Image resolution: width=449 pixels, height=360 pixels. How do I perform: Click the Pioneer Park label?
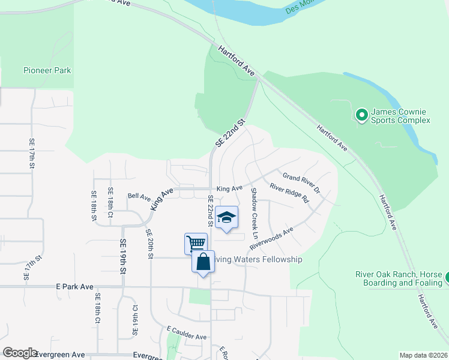pyautogui.click(x=47, y=70)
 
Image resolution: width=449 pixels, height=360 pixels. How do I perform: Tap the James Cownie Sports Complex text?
pyautogui.click(x=400, y=116)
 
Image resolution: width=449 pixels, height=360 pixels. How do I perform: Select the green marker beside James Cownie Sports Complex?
pyautogui.click(x=361, y=114)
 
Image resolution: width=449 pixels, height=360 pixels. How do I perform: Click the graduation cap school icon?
pyautogui.click(x=226, y=217)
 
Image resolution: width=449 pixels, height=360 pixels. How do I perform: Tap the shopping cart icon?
pyautogui.click(x=196, y=244)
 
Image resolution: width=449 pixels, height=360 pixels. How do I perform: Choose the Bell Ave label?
pyautogui.click(x=139, y=196)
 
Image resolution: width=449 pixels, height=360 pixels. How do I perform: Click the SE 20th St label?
pyautogui.click(x=149, y=243)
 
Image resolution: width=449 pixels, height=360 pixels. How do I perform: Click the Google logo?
pyautogui.click(x=20, y=353)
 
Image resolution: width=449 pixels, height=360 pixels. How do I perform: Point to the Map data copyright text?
pyautogui.click(x=423, y=355)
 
